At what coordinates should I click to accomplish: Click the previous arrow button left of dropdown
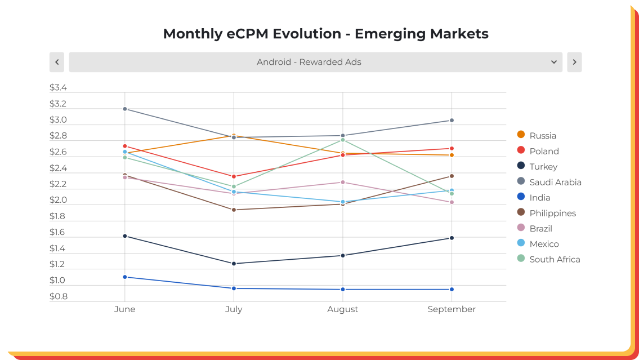pos(57,62)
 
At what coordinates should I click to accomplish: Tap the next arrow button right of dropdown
pos(574,62)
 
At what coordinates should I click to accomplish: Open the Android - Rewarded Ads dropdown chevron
pos(554,62)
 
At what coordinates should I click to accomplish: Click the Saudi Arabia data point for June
pos(124,109)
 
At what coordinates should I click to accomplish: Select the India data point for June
pos(124,277)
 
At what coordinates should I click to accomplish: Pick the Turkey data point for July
pos(234,264)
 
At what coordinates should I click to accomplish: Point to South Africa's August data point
pos(343,140)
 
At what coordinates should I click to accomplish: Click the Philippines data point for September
pos(452,176)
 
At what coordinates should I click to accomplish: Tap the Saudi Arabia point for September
pos(452,120)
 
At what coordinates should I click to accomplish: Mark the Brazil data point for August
pos(343,182)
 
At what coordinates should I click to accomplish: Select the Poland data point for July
pos(234,176)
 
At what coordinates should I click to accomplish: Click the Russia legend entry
pos(537,135)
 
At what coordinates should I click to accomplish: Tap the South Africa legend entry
pos(548,259)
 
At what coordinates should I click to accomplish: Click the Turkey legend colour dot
pos(521,166)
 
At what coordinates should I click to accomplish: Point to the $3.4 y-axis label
pos(58,88)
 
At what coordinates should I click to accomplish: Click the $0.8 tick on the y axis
pos(59,296)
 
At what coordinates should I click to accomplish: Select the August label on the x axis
pos(343,309)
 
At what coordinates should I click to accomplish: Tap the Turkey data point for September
pos(452,238)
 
